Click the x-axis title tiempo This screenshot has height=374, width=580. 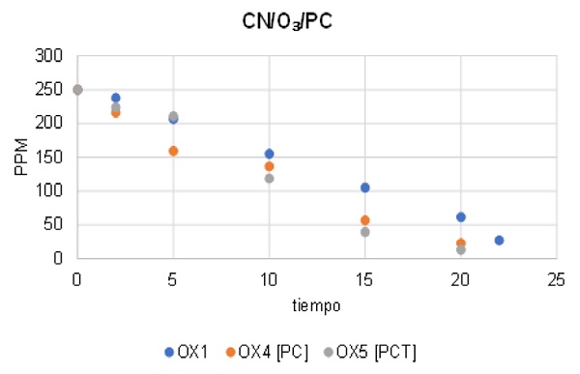coord(316,304)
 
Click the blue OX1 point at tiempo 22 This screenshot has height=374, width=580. coord(499,240)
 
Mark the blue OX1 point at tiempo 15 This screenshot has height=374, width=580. coord(364,187)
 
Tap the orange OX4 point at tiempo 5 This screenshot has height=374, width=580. coord(173,151)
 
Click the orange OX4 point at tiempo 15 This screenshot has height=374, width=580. coord(364,220)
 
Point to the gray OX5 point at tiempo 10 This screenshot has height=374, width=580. coord(269,178)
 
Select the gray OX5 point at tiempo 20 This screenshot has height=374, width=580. coord(460,249)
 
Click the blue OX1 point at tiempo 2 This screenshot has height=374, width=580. coord(115,98)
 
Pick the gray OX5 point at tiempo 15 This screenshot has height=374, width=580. coord(364,232)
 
